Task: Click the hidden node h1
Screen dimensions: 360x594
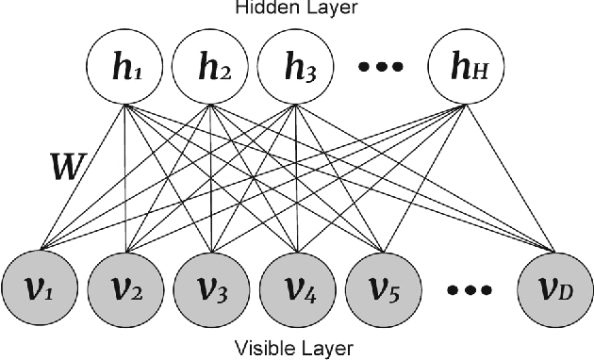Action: click(x=126, y=68)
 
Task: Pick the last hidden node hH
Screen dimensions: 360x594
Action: click(x=466, y=68)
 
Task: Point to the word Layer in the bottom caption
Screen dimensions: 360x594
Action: click(x=326, y=349)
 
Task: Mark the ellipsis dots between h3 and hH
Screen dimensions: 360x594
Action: click(x=382, y=68)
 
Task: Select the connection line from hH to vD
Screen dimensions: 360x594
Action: click(x=509, y=179)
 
